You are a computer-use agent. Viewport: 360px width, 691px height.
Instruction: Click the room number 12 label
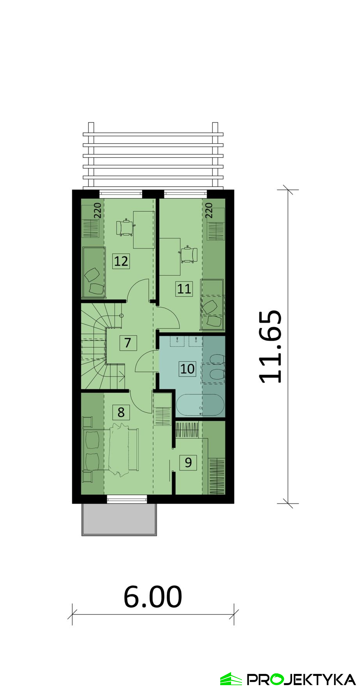coord(121,261)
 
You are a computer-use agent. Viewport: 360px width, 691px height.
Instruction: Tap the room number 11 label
coord(184,288)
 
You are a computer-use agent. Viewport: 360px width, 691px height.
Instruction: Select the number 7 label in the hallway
coord(128,343)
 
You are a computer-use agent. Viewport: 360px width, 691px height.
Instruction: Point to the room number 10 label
coord(187,368)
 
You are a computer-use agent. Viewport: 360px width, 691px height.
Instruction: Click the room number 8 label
coord(121,412)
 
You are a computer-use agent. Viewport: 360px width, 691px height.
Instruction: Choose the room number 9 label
coord(188,462)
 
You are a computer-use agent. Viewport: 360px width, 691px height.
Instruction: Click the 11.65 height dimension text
coord(270,347)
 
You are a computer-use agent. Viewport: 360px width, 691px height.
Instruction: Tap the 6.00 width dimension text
coord(153,597)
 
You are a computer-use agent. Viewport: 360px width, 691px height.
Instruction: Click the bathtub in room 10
coord(200,405)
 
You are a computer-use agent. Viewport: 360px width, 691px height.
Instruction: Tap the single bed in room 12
coord(94,272)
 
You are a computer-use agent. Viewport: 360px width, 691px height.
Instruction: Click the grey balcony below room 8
coord(119,519)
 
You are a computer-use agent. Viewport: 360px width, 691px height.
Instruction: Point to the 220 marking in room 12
coord(97,210)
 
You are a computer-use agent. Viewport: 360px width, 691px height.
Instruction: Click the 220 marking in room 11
coord(209,210)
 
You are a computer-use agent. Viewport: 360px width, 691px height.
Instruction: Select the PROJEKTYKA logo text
coord(301,679)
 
